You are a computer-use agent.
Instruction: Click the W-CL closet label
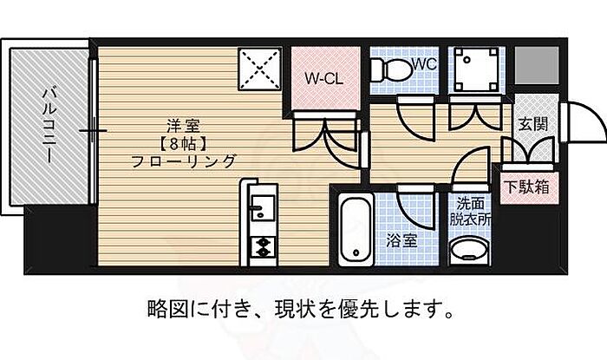323,79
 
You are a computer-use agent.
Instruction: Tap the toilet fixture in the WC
391,70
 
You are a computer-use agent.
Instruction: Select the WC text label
425,64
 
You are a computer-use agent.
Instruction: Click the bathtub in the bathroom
356,230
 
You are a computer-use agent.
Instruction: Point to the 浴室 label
401,241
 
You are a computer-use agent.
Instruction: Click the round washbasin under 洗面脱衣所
468,250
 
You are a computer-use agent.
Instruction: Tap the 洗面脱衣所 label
470,212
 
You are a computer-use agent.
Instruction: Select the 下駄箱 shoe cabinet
528,187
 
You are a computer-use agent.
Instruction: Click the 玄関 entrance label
533,125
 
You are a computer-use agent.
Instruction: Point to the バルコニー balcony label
49,125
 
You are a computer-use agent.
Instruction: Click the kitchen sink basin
263,208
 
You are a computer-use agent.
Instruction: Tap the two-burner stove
263,247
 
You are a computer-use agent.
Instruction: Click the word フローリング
184,161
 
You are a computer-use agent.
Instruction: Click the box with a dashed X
259,69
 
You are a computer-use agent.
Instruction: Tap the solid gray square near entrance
537,65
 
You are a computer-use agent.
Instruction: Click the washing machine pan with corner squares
476,69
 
